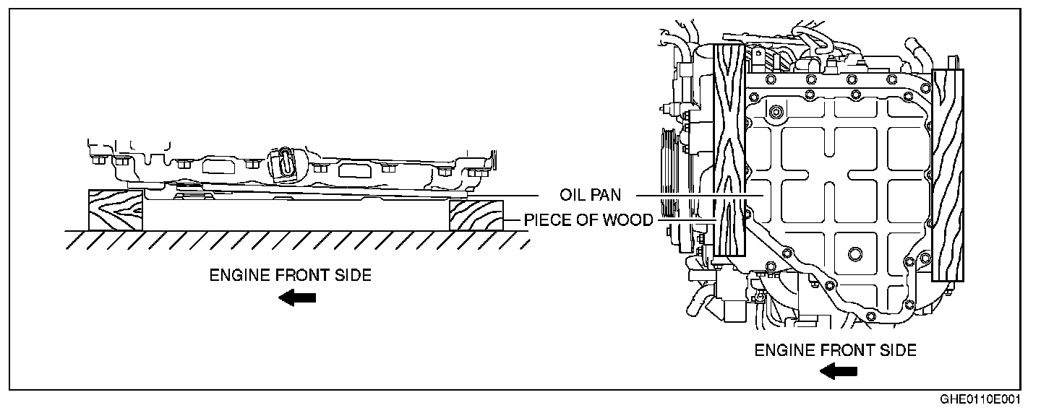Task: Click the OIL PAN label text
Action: click(x=590, y=196)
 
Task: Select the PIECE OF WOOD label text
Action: click(x=588, y=220)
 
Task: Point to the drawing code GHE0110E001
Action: click(x=990, y=399)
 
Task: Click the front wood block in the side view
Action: click(x=116, y=210)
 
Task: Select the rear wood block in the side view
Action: click(x=476, y=214)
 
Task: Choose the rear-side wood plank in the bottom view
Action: click(x=948, y=174)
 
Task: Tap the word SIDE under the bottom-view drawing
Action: click(x=899, y=350)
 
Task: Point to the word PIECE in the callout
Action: click(x=547, y=220)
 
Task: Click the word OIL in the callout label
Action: click(x=571, y=196)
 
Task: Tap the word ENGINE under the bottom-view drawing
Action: click(x=785, y=350)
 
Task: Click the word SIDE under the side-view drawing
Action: click(x=354, y=275)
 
